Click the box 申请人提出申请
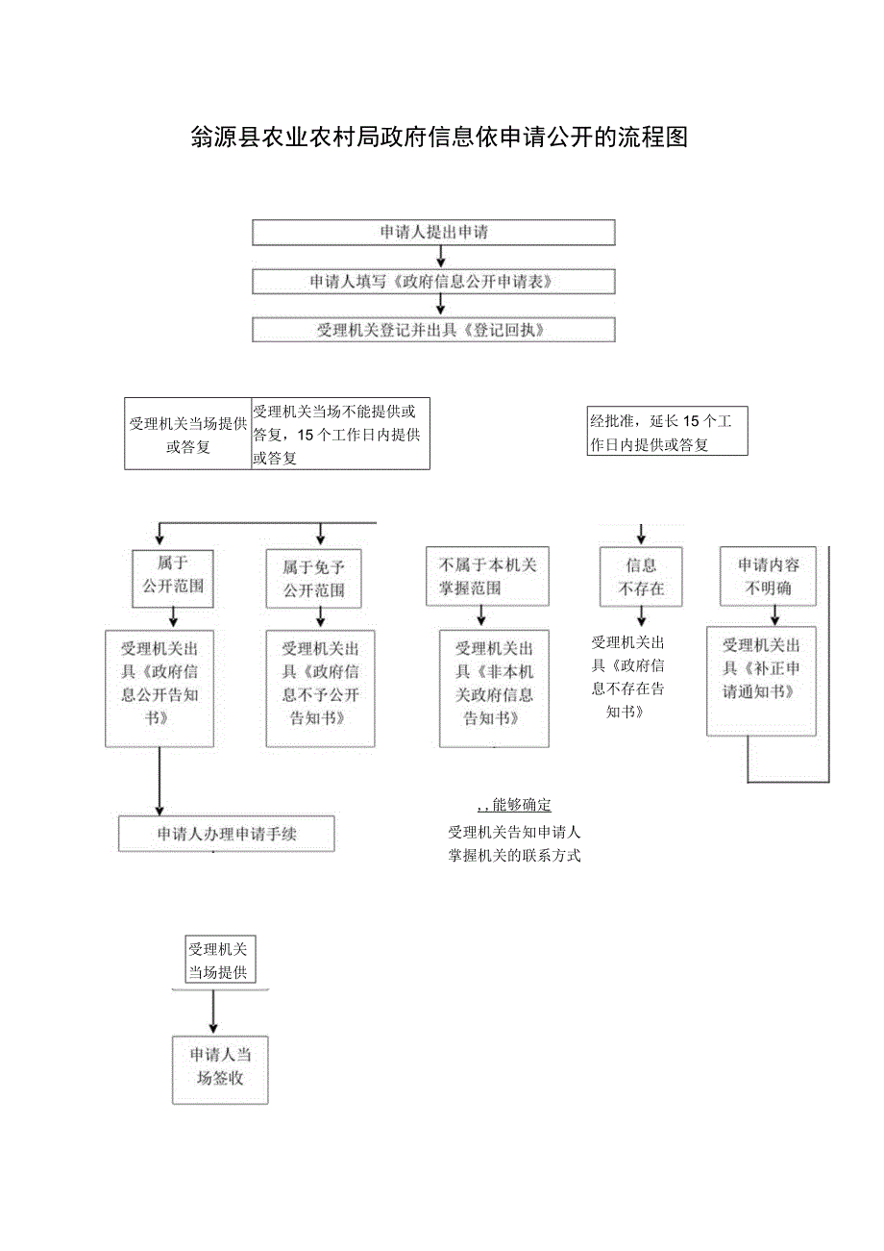433,233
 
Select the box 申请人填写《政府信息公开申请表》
433,282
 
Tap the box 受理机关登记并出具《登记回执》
433,330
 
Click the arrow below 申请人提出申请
441,257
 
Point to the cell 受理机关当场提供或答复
187,435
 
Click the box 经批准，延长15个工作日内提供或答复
667,433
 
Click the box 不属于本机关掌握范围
488,577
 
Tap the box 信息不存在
641,577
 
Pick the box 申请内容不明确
768,577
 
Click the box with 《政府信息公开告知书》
160,688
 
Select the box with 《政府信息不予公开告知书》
320,688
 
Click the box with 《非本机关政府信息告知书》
494,688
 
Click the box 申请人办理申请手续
227,834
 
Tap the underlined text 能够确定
521,805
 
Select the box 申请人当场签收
220,1069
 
